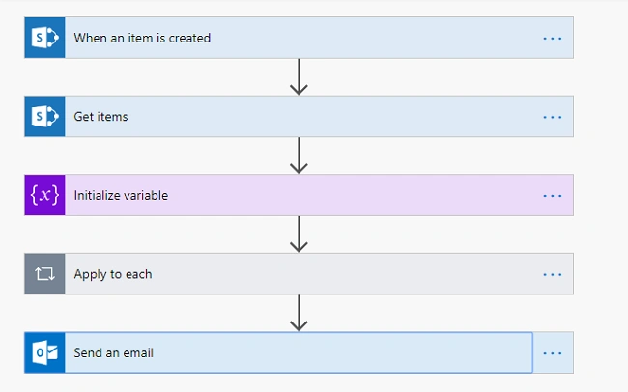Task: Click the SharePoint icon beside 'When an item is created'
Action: pos(44,38)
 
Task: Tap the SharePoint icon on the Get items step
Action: pos(44,117)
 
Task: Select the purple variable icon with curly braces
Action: pos(44,195)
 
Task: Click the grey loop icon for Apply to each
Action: pos(44,274)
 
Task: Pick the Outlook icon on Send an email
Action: pos(44,352)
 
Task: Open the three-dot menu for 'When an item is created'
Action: pos(553,39)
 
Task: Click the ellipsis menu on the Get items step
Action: pos(553,118)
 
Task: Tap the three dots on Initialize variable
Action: pos(553,196)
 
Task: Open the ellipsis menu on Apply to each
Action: pos(553,274)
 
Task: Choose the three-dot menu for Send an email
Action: pos(553,353)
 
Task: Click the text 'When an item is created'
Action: pos(142,38)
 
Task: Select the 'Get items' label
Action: pos(100,117)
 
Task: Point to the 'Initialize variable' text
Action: pos(121,195)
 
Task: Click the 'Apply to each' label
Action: pos(113,274)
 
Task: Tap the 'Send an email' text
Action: pos(113,352)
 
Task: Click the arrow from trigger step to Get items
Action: pos(299,77)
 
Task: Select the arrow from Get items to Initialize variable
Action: pos(299,155)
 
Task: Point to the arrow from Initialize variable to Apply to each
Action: pos(299,235)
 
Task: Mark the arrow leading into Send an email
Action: pos(299,313)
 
